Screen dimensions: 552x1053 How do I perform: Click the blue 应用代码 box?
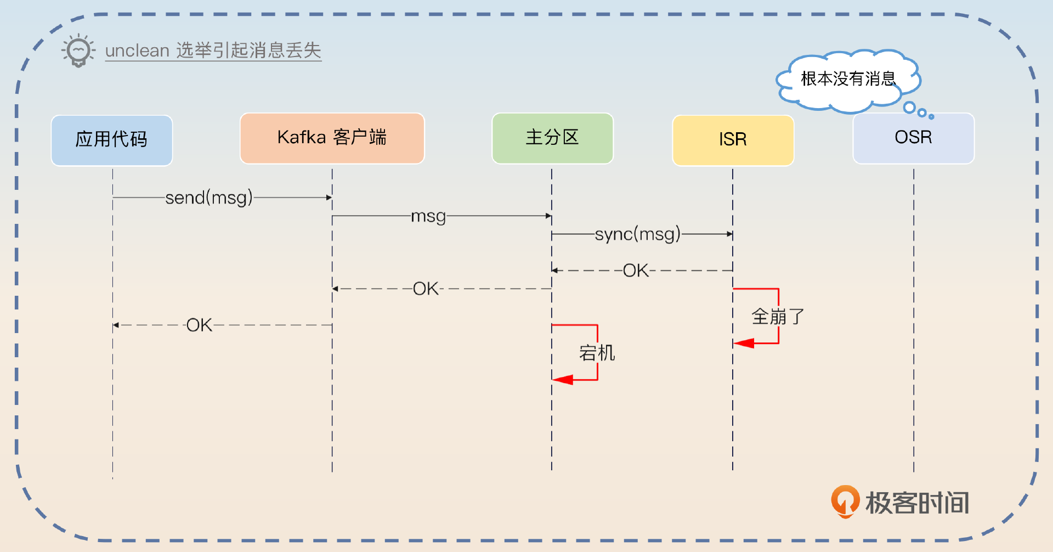[x=112, y=140]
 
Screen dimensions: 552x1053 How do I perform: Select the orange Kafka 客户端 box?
[x=332, y=138]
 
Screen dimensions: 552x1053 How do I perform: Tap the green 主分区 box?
[x=552, y=138]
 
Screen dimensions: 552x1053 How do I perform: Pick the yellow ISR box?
[x=733, y=140]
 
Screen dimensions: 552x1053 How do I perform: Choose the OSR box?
[x=913, y=138]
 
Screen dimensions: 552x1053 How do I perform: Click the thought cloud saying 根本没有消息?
[x=847, y=80]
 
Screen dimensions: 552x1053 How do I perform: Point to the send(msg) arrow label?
[x=209, y=198]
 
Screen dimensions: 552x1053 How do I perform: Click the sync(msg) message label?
[x=637, y=234]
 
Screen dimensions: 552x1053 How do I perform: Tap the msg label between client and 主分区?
[x=428, y=216]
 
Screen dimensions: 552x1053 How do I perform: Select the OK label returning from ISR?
[x=636, y=271]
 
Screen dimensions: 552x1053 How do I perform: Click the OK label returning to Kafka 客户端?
[x=426, y=289]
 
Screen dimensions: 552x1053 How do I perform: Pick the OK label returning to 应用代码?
[x=199, y=325]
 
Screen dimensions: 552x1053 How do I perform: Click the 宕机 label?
[x=597, y=353]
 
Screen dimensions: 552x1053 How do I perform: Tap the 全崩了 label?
[x=777, y=317]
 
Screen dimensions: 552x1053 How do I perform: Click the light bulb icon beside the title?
[x=78, y=51]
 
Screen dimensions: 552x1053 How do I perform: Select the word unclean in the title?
[x=137, y=51]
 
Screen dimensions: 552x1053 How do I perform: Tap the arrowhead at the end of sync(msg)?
[x=729, y=234]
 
